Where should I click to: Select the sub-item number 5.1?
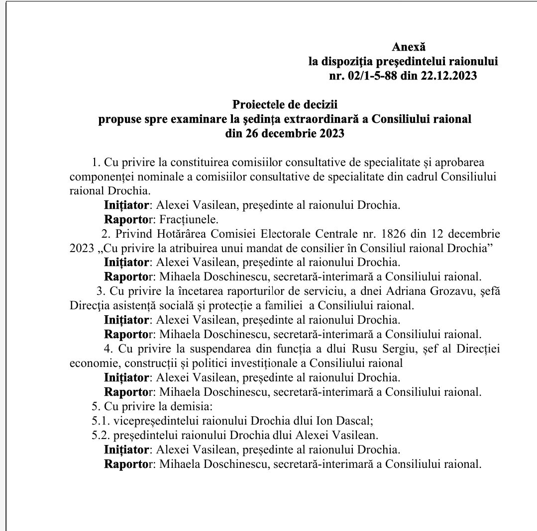[x=101, y=421]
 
